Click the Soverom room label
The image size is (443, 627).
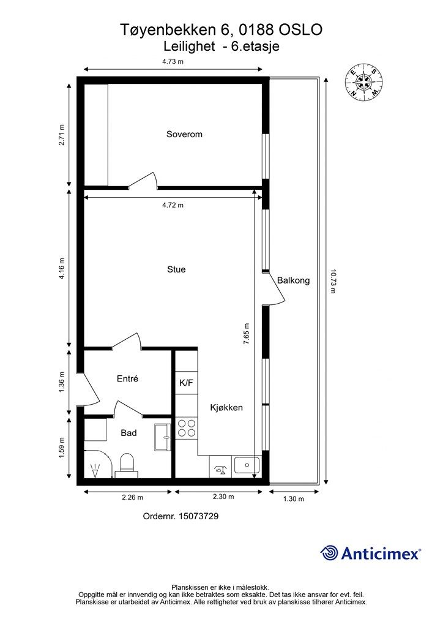click(x=184, y=134)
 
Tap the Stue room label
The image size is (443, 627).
click(x=176, y=269)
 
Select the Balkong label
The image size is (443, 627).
click(x=293, y=280)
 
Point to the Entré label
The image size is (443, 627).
click(x=127, y=378)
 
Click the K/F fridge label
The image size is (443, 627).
click(x=186, y=383)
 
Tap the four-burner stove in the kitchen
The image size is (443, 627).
click(x=187, y=428)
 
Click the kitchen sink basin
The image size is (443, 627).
click(x=247, y=465)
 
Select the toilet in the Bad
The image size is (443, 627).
click(x=127, y=466)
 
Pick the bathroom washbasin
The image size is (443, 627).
click(x=163, y=437)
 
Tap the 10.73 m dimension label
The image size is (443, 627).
click(x=333, y=280)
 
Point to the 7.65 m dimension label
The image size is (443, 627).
click(x=247, y=334)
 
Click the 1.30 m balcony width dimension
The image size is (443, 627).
click(x=294, y=498)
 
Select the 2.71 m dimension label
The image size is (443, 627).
click(x=62, y=135)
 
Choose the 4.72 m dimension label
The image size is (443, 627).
click(x=173, y=205)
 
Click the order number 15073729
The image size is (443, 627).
click(x=198, y=516)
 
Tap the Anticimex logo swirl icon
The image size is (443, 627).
click(x=329, y=553)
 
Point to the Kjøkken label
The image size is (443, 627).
click(x=226, y=408)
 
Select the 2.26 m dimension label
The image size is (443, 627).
click(x=132, y=497)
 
